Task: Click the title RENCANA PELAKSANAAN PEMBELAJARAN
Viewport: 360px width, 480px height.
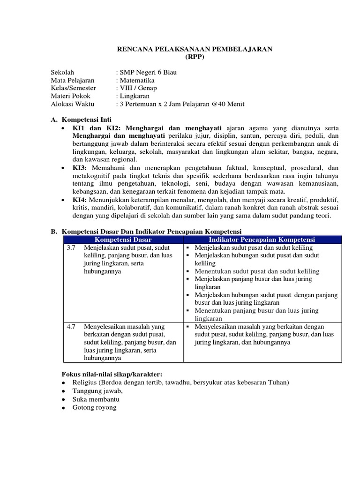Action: click(195, 49)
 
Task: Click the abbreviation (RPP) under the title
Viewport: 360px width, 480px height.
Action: click(195, 57)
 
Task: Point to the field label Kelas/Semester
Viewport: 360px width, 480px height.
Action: click(73, 88)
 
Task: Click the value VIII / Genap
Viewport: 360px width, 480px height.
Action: click(138, 88)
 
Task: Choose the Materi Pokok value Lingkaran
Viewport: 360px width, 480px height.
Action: click(136, 96)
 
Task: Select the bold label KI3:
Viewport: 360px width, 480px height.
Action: click(80, 167)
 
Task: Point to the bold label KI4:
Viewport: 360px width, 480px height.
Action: click(80, 199)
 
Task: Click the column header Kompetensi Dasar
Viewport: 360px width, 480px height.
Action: click(123, 240)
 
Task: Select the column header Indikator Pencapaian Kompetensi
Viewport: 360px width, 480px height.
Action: click(262, 240)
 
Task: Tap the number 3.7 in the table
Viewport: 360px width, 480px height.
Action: click(71, 247)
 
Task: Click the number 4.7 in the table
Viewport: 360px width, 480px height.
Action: click(71, 326)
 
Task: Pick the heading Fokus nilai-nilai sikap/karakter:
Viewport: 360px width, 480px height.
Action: click(112, 374)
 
